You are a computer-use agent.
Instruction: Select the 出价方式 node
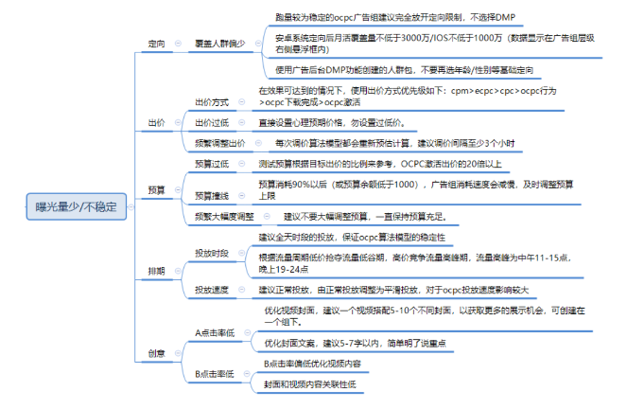point(211,101)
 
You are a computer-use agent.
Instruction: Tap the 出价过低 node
point(211,123)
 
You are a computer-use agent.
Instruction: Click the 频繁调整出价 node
point(218,143)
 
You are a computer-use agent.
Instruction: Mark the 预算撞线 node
point(211,196)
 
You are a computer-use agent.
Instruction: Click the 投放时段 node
point(211,254)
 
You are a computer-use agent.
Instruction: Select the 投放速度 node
point(211,289)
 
